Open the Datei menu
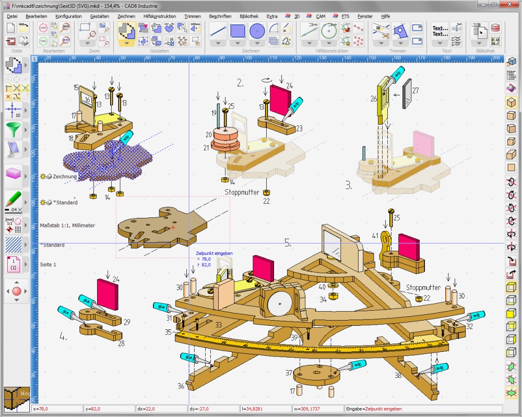click(x=12, y=16)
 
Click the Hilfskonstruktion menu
click(x=160, y=16)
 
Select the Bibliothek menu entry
click(x=249, y=16)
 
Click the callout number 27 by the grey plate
click(x=416, y=90)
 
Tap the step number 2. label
click(x=240, y=82)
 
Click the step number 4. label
click(x=64, y=337)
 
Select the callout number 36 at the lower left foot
click(x=181, y=386)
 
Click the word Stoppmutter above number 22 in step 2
click(x=242, y=192)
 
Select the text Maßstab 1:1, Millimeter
click(x=67, y=225)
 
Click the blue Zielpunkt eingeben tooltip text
click(x=215, y=253)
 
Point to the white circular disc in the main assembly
click(x=278, y=302)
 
